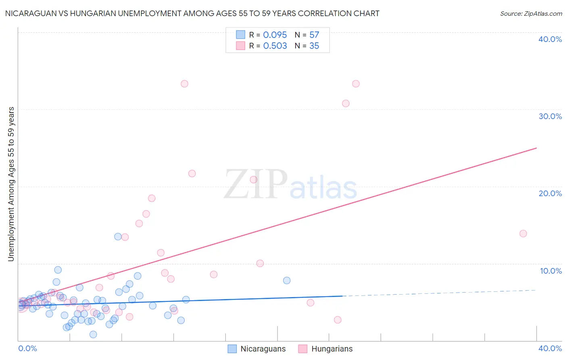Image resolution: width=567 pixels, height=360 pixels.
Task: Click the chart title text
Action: [x=192, y=13]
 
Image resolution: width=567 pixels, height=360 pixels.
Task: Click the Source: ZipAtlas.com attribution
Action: [x=531, y=13]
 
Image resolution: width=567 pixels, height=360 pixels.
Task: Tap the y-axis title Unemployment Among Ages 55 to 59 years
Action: [x=11, y=184]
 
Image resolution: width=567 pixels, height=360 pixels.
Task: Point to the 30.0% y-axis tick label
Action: [x=550, y=116]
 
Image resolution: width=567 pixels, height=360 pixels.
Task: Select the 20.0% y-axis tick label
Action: [x=550, y=193]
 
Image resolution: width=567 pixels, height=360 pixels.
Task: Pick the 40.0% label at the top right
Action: [x=550, y=39]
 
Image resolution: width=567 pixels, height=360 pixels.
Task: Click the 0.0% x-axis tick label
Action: [x=27, y=348]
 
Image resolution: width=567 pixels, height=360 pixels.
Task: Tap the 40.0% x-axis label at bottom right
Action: [x=550, y=348]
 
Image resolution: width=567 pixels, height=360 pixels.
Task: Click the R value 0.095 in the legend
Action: [x=275, y=35]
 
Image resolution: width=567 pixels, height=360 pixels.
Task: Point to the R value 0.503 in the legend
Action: [x=275, y=46]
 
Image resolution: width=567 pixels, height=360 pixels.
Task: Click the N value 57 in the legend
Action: [x=314, y=35]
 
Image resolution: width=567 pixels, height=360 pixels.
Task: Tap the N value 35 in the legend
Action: [x=314, y=46]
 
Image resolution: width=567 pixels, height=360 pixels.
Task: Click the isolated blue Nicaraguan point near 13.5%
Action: [x=118, y=237]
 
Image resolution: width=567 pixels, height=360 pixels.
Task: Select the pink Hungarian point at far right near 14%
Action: [x=523, y=233]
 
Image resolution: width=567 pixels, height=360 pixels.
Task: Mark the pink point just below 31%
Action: [x=346, y=103]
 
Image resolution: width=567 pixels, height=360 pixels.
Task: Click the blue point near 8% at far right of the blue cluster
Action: [x=287, y=280]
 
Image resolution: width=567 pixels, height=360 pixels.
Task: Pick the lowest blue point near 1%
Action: [x=93, y=334]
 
